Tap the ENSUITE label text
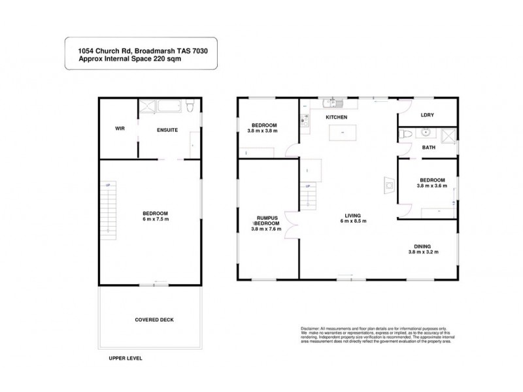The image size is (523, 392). (167, 130)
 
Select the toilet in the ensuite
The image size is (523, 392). (189, 106)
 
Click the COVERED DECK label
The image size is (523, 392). (154, 319)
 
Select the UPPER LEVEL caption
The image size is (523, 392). (125, 359)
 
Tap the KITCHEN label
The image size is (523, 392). (336, 117)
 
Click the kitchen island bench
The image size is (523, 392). (340, 133)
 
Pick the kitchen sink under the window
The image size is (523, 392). (333, 103)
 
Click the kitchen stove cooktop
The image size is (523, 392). (304, 119)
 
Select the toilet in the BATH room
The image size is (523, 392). (405, 135)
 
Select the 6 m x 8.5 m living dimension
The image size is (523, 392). (353, 221)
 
